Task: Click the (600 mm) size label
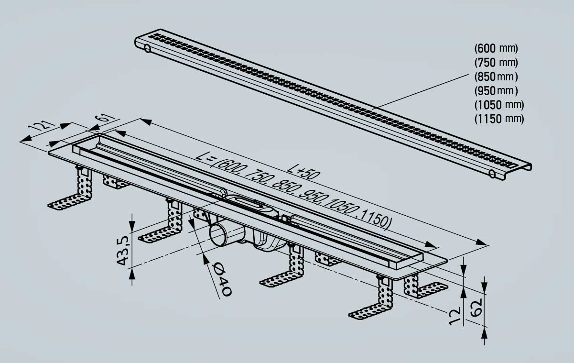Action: click(496, 48)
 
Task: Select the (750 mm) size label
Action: click(496, 63)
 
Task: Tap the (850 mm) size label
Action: click(496, 77)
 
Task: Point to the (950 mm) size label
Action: click(496, 91)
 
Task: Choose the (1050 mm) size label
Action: click(499, 105)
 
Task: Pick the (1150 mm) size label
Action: click(499, 119)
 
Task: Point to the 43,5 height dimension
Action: click(123, 251)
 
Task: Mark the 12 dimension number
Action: click(455, 316)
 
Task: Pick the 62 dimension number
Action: click(477, 308)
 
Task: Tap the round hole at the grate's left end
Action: click(148, 48)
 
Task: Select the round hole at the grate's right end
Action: click(492, 174)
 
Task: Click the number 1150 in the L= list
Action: click(375, 219)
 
